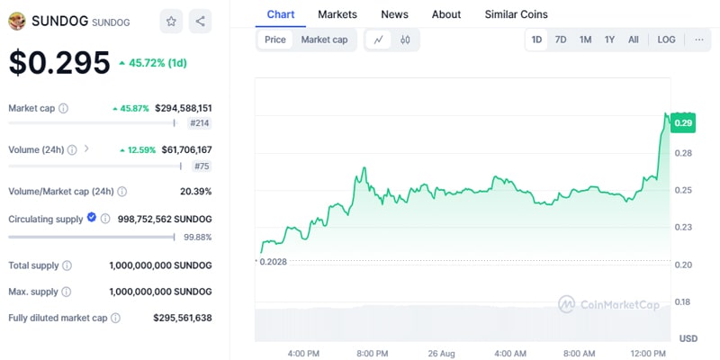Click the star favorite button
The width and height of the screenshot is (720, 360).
coord(171,21)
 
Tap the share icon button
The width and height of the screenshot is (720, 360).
coord(201,21)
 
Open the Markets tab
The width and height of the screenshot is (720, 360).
coord(337,14)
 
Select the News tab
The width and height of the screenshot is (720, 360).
coord(394,14)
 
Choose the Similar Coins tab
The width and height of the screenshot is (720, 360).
coord(516,14)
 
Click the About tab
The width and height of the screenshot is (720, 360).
coord(446,14)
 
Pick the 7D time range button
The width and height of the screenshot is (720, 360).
coord(561,40)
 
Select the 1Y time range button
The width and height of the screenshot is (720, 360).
coord(609,40)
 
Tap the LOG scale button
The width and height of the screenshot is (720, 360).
coord(666,40)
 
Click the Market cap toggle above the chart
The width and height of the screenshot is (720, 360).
coord(324,40)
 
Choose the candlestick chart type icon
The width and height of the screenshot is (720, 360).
coord(405,40)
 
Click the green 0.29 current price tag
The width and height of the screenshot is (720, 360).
coord(682,124)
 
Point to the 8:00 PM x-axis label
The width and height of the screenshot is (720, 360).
coord(372,353)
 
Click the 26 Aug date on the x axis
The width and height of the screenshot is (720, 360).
coord(440,353)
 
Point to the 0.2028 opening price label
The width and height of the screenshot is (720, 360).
coord(275,261)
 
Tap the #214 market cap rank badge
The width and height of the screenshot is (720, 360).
coord(200,123)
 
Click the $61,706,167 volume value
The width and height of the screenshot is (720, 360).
coord(183,149)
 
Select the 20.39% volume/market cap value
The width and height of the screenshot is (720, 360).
coord(195,191)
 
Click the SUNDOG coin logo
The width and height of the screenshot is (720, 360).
coord(17,21)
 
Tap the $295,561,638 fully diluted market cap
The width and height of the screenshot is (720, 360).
coord(183,318)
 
